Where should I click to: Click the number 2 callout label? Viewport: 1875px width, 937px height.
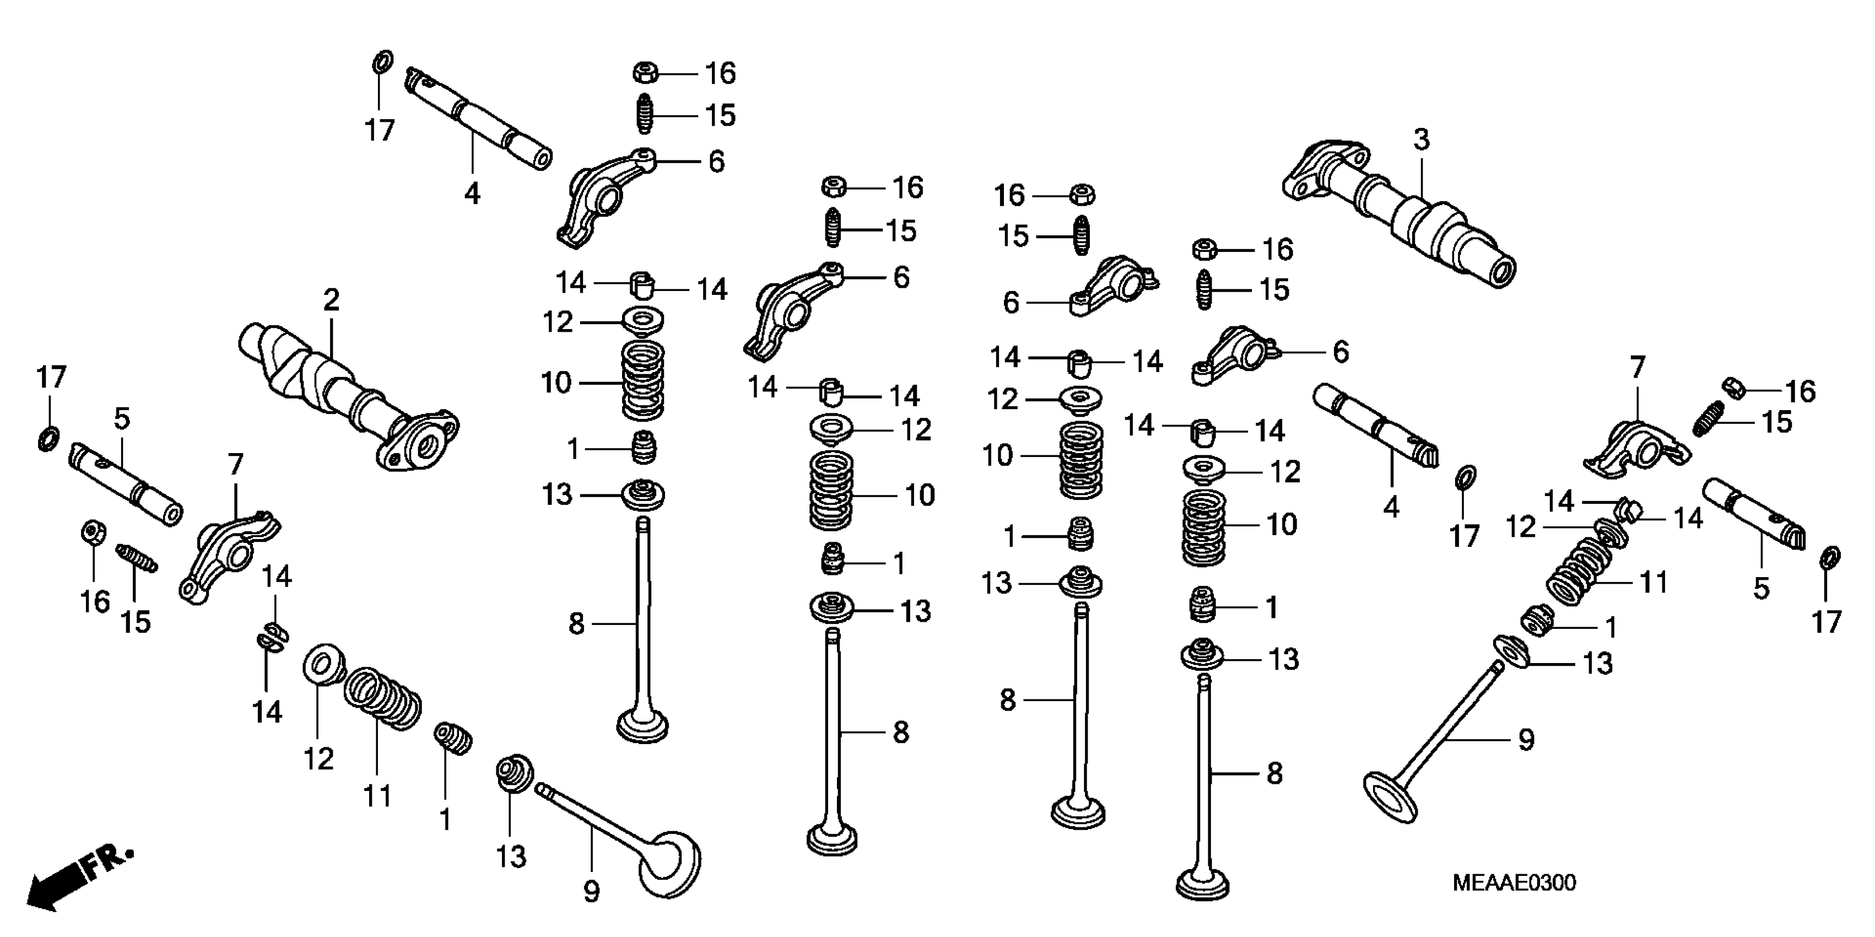[331, 300]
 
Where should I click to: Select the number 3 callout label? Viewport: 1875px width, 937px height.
[1422, 139]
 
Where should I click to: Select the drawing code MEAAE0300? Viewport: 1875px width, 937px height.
[1514, 883]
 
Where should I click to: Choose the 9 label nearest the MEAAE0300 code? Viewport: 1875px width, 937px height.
[1526, 740]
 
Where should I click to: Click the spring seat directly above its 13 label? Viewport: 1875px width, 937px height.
[513, 772]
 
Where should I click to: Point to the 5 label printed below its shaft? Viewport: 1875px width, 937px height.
[1761, 588]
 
